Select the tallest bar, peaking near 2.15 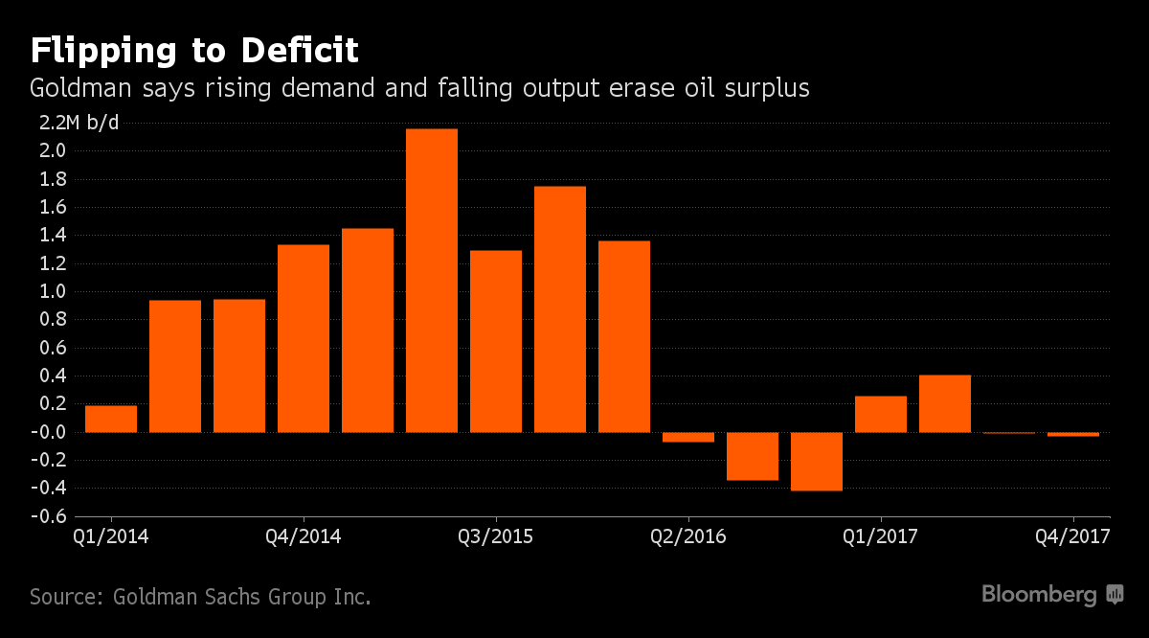click(x=431, y=280)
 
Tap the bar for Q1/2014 click(x=111, y=419)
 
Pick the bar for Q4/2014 click(x=304, y=338)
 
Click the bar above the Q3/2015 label click(x=496, y=341)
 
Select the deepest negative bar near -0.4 click(x=817, y=461)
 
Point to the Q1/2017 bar click(x=881, y=414)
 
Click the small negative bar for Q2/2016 click(x=688, y=437)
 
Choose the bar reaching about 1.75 click(x=560, y=308)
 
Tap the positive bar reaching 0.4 click(x=945, y=403)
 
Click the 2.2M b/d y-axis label click(x=79, y=123)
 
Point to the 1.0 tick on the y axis click(x=53, y=292)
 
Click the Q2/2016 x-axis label click(x=687, y=535)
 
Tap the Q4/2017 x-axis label click(x=1072, y=535)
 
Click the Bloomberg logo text click(x=1039, y=595)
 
